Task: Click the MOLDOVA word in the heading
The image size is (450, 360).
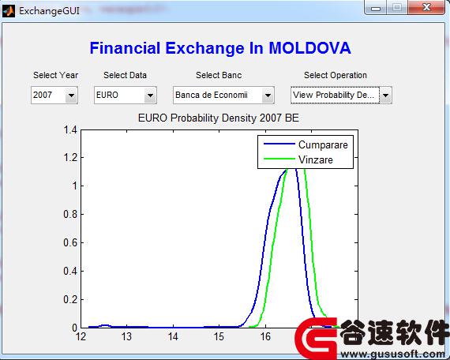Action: (x=309, y=48)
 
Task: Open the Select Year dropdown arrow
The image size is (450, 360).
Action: (x=71, y=96)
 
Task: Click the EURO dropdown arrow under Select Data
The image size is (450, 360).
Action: (x=150, y=96)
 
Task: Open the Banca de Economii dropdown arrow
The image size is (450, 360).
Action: (x=268, y=96)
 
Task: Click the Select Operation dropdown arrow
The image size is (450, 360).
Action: (x=386, y=96)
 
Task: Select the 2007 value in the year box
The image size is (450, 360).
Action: (x=43, y=95)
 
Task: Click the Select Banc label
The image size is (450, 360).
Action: (x=219, y=75)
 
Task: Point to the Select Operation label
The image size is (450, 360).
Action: (x=336, y=75)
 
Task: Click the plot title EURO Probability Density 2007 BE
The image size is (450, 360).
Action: (x=219, y=118)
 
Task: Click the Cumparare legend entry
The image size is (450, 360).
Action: (x=323, y=144)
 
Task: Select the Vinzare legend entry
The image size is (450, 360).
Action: (x=316, y=159)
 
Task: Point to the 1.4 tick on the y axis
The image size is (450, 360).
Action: (x=70, y=129)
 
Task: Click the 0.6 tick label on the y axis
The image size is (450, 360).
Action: (x=70, y=242)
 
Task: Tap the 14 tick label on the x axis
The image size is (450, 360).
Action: (x=173, y=336)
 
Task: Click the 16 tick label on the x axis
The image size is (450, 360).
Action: (x=265, y=336)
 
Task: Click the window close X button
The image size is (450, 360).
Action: (x=426, y=7)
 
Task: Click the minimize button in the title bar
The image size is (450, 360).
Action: (x=376, y=8)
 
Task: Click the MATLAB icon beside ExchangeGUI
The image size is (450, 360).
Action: (x=9, y=11)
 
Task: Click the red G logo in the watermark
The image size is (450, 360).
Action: (x=316, y=338)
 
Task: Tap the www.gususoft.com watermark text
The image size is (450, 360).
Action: (x=393, y=354)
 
